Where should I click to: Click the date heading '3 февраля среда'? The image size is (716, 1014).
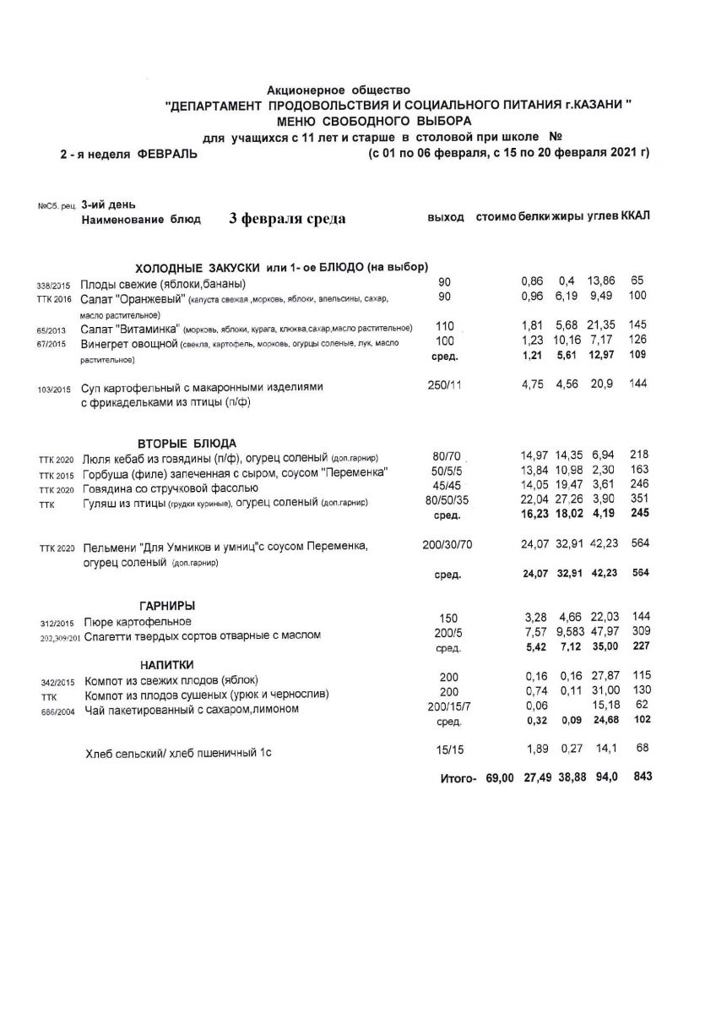(x=287, y=219)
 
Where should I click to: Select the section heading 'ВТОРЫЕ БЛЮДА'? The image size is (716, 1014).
(x=187, y=444)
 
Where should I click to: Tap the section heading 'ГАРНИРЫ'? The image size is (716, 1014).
(x=167, y=606)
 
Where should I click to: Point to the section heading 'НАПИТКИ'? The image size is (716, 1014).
(x=168, y=665)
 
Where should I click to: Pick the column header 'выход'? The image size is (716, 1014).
(x=446, y=218)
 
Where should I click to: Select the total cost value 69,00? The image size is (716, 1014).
(x=500, y=777)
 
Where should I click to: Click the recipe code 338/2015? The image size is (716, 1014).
(x=54, y=286)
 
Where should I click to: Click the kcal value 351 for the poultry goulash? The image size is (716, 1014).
(x=639, y=499)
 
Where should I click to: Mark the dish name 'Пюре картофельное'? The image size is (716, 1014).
(x=138, y=622)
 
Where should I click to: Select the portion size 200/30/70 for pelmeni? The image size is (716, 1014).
(x=447, y=546)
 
